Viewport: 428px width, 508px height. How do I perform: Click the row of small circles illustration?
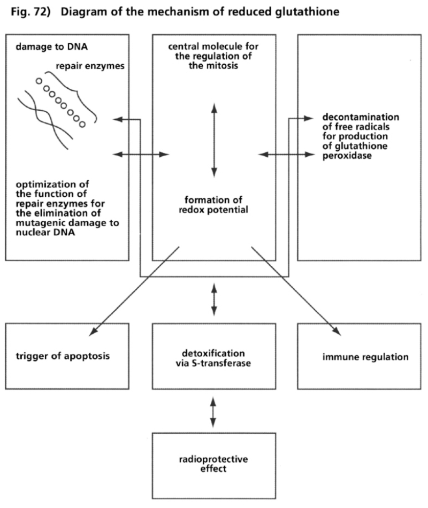60,102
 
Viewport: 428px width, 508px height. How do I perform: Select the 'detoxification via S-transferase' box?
214,356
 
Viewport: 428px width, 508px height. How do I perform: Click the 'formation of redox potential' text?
214,205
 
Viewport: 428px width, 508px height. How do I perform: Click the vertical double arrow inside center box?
214,140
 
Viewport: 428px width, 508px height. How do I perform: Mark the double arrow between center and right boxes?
286,155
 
